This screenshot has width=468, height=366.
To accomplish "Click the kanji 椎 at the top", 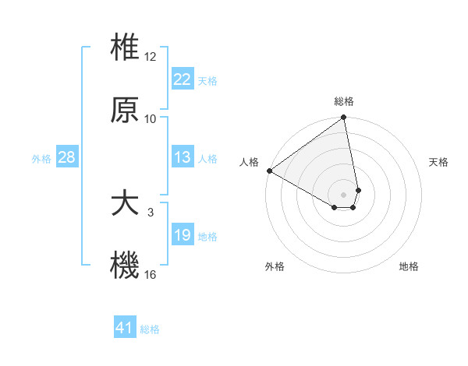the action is click(x=126, y=48).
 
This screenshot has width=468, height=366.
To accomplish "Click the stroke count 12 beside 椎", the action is click(x=151, y=57).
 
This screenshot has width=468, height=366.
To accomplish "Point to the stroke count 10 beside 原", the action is click(x=151, y=119).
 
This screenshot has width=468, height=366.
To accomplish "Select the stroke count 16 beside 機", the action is click(x=151, y=275).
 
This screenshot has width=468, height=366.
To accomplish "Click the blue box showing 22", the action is click(x=183, y=79).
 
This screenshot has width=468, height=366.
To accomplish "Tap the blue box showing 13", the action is click(x=183, y=157).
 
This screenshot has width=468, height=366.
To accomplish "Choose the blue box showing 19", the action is click(x=183, y=235).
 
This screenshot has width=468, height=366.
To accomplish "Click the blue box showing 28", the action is click(x=67, y=157).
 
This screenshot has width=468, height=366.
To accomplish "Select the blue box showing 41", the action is click(x=126, y=328).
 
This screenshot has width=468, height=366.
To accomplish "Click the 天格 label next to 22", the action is click(x=207, y=81).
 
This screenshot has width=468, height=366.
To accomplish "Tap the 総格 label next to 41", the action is click(x=150, y=329).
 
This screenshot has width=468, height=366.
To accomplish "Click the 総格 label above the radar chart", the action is click(x=344, y=101).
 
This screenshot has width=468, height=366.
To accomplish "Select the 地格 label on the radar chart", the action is click(x=409, y=267).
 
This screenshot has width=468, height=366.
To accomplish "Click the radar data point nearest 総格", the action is click(x=344, y=118).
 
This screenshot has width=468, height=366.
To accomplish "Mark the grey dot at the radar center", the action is click(x=344, y=194).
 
